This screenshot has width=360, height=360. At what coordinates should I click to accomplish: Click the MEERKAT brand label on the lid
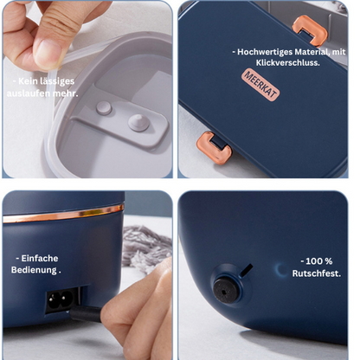260,85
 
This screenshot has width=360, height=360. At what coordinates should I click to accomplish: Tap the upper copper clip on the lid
310,30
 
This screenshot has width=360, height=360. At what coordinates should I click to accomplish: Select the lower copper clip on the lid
214,148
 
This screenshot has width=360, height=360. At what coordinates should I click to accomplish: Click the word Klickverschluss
287,62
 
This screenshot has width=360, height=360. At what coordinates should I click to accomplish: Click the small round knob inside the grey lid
104,108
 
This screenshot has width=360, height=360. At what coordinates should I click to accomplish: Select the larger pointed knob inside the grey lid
138,123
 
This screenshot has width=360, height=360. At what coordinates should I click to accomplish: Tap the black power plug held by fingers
86,314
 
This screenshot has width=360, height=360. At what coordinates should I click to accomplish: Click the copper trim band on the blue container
63,214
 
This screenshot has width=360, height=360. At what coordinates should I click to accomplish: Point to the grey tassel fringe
146,248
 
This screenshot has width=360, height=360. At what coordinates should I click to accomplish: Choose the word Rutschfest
317,273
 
